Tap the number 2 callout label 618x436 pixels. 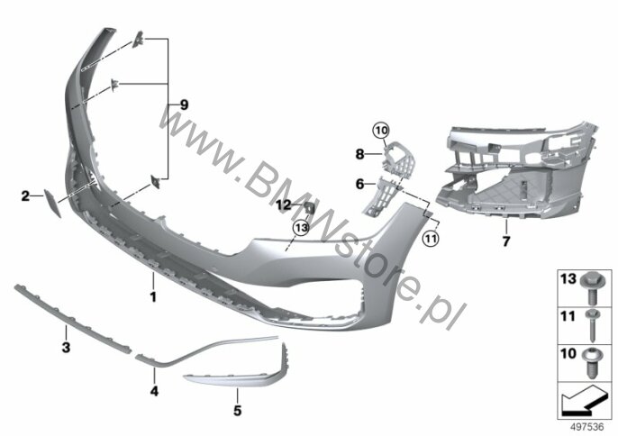[26, 194]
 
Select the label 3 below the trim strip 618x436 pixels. [65, 346]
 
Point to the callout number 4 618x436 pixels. [154, 392]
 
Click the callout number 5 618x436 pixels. [238, 412]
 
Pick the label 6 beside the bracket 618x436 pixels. [359, 183]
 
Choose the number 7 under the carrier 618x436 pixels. [505, 241]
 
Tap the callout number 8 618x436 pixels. [359, 153]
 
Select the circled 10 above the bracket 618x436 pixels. [381, 132]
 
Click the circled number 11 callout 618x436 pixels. [431, 239]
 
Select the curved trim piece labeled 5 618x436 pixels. [239, 372]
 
